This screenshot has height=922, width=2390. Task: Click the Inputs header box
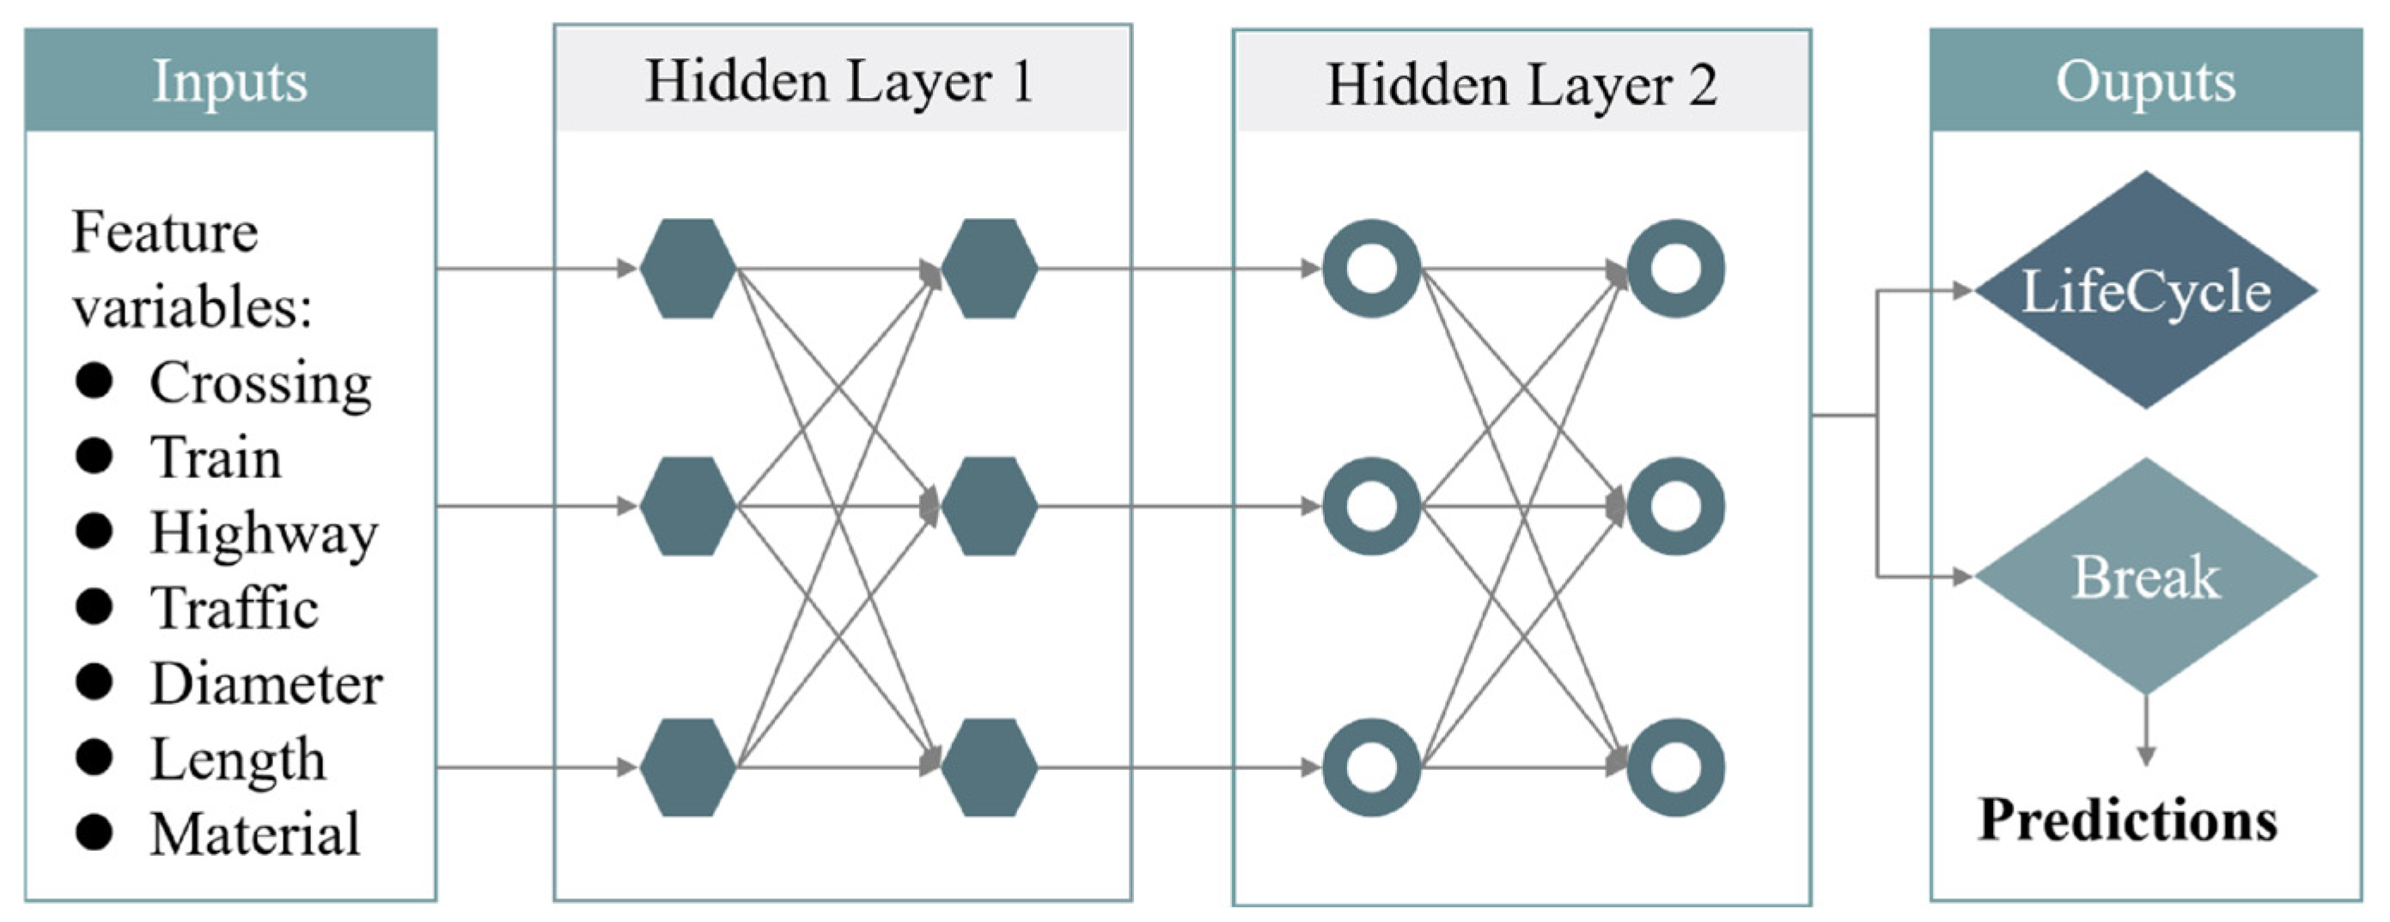230,80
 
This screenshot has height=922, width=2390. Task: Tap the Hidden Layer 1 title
839,81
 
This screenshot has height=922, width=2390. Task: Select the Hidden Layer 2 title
1521,85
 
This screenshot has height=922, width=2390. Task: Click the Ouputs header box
2145,80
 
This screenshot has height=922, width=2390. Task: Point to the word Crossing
260,383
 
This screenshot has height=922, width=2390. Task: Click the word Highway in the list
265,534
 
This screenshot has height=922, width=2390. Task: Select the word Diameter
266,683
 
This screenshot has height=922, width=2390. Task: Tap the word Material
255,834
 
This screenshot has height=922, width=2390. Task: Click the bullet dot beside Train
94,456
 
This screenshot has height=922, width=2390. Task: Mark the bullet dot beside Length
94,757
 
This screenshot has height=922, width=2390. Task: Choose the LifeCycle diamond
2145,289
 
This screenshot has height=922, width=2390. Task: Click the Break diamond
2145,576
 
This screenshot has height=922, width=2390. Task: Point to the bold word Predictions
2127,820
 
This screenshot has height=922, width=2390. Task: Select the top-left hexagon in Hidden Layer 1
687,269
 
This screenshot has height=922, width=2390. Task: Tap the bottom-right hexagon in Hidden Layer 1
989,767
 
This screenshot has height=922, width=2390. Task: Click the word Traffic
235,609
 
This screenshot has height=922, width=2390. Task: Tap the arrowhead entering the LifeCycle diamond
1962,290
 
